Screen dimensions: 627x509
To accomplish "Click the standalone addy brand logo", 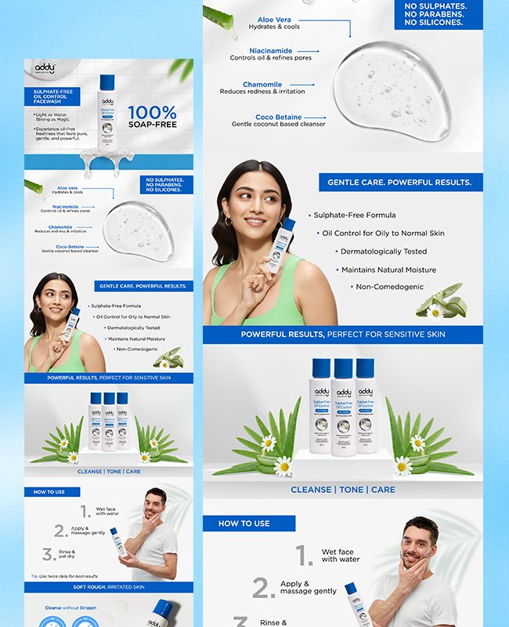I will pyautogui.click(x=46, y=69).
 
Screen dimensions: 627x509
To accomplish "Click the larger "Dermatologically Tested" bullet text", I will pyautogui.click(x=384, y=252).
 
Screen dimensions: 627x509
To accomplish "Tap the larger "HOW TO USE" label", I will pyautogui.click(x=244, y=524).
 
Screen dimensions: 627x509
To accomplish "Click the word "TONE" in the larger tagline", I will pyautogui.click(x=351, y=490).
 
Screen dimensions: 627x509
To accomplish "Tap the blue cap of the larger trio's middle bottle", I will pyautogui.click(x=343, y=368).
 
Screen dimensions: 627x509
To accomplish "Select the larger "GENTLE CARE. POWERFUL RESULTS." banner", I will pyautogui.click(x=399, y=183).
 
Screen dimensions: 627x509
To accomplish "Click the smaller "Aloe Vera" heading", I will pyautogui.click(x=67, y=188).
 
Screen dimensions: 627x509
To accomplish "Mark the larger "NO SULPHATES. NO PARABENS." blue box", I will pyautogui.click(x=443, y=14).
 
